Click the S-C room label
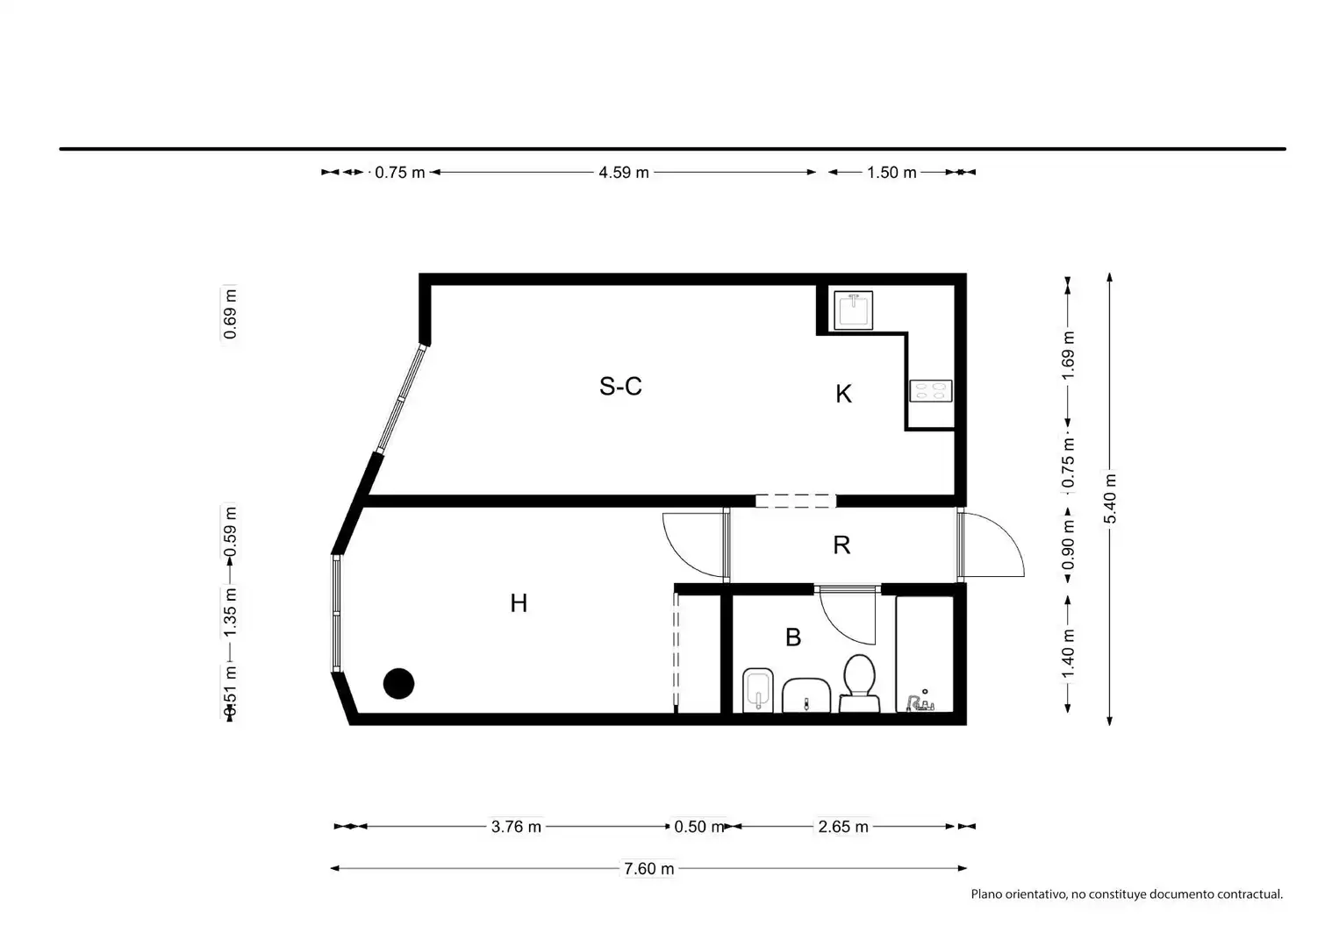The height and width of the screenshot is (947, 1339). coord(620,386)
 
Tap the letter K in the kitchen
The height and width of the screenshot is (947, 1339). coord(843,394)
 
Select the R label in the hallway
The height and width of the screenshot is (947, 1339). coord(841,545)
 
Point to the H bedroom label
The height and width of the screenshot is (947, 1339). coord(519,603)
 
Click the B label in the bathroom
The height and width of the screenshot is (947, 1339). coord(793,637)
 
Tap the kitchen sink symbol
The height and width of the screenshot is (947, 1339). coord(854,310)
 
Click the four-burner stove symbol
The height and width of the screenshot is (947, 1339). coord(931,391)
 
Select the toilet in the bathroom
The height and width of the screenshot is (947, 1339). coord(860,684)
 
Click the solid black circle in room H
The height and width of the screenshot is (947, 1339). coord(398,684)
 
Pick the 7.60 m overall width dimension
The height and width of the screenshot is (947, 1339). coord(649,869)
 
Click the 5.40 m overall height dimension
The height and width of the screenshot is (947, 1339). coord(1109,498)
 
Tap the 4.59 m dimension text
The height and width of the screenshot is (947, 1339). coord(624,173)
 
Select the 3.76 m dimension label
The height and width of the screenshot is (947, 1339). coord(517,827)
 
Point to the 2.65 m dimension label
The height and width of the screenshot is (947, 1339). coord(843,827)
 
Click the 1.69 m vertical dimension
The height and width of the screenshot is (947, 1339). coord(1068,355)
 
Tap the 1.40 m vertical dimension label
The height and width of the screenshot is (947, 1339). coord(1068,655)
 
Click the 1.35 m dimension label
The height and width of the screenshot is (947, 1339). coord(230,613)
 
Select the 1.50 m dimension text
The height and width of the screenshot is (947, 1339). coord(891,173)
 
